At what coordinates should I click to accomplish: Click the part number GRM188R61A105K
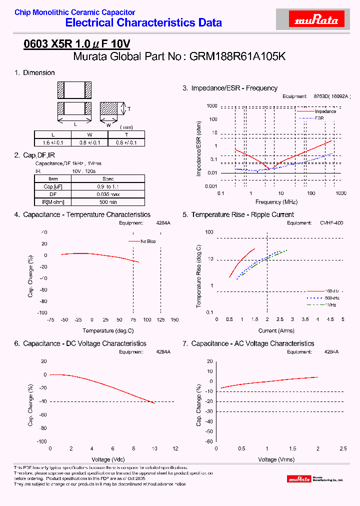(x=237, y=56)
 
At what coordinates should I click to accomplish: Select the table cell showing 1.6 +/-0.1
(x=53, y=142)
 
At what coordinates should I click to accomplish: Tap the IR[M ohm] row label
(x=53, y=202)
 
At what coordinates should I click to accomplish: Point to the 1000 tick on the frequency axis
(x=341, y=193)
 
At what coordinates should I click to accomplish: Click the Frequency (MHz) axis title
(x=276, y=202)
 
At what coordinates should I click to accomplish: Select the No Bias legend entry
(x=147, y=241)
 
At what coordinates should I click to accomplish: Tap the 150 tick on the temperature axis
(x=174, y=319)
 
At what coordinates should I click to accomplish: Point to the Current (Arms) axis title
(x=276, y=330)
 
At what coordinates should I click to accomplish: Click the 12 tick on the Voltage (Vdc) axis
(x=175, y=448)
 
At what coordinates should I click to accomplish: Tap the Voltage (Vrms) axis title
(x=276, y=459)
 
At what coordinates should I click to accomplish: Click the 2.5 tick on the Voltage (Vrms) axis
(x=343, y=448)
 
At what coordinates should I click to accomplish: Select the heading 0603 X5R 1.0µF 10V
(x=77, y=44)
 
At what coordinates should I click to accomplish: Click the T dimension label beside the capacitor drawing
(x=128, y=108)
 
